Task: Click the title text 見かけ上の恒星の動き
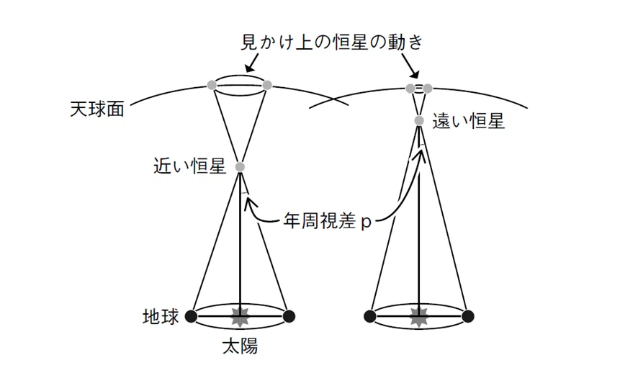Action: (x=332, y=42)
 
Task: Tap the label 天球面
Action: (x=96, y=109)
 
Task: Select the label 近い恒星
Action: (x=189, y=166)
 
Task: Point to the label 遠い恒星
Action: (x=468, y=121)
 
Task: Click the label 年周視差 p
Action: (x=327, y=222)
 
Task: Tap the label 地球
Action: (x=161, y=316)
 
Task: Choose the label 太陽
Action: (x=240, y=346)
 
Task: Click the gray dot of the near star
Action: (x=240, y=166)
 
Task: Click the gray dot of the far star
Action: (x=418, y=120)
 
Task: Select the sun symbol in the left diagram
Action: (x=240, y=317)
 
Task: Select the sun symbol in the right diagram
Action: (x=418, y=317)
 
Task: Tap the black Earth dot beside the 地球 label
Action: (x=192, y=316)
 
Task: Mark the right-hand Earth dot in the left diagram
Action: (x=289, y=316)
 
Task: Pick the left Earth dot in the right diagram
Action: (x=370, y=316)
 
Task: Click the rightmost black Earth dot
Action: (x=468, y=316)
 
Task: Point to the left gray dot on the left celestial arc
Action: (x=212, y=85)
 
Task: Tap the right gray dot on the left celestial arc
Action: (x=267, y=85)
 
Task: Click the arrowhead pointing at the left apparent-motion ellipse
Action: (x=248, y=69)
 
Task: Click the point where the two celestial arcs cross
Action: (x=333, y=99)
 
